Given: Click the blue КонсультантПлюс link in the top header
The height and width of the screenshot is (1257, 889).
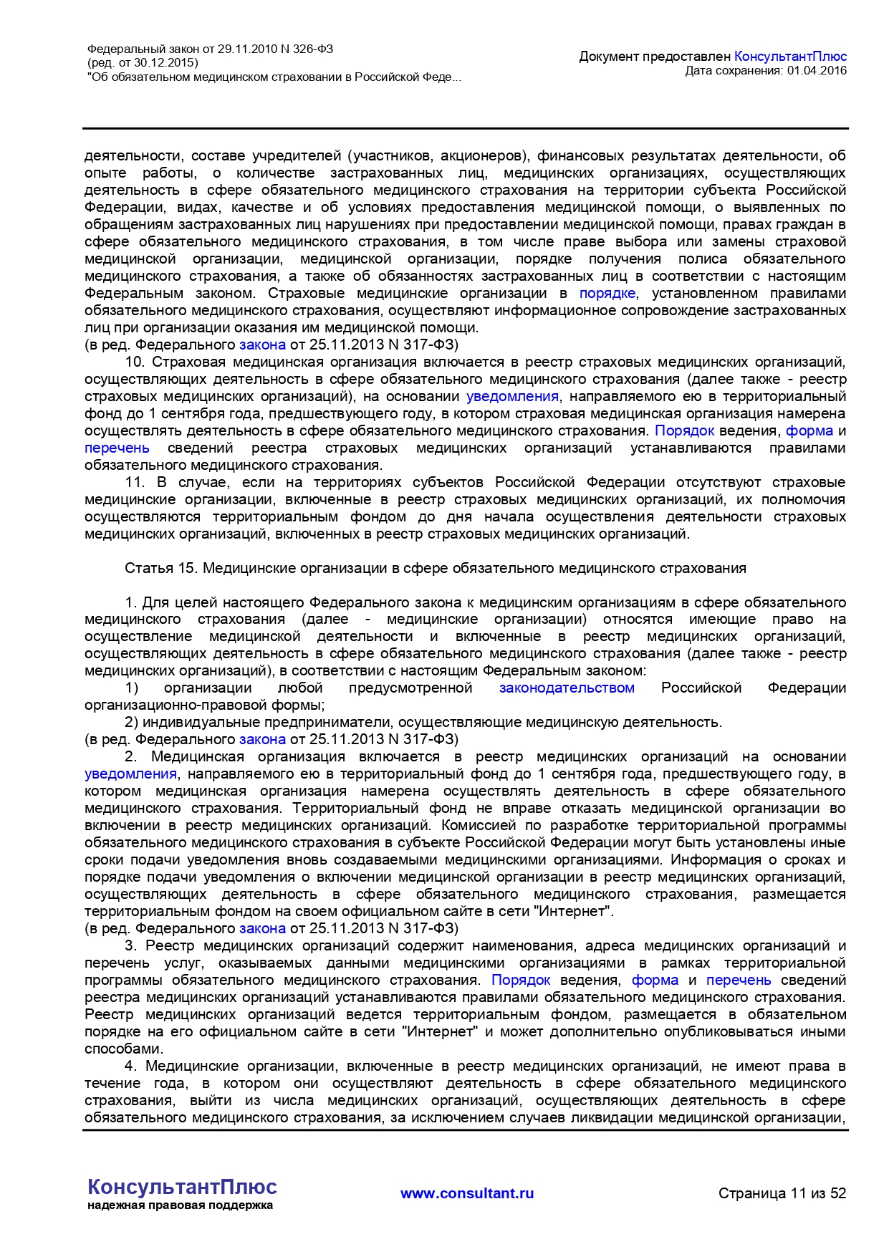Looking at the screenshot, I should tap(790, 56).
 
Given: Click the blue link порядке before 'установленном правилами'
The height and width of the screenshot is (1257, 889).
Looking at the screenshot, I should tap(607, 293).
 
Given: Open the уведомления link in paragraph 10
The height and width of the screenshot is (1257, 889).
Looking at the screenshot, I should tap(512, 396).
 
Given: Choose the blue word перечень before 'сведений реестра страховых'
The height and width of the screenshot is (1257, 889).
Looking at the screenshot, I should tap(117, 448).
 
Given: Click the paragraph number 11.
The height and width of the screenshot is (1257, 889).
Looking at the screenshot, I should tap(134, 482).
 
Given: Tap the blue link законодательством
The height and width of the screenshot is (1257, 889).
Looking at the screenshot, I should tap(567, 688).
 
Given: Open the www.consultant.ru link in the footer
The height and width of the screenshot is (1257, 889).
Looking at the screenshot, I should tap(467, 1193).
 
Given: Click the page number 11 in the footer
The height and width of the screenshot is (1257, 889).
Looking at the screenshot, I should tap(797, 1193).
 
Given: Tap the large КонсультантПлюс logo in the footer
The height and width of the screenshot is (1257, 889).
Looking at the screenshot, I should tap(182, 1187).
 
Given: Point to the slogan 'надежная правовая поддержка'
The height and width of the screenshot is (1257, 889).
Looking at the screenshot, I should tap(180, 1205).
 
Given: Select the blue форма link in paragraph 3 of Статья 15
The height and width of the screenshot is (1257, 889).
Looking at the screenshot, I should tap(655, 980).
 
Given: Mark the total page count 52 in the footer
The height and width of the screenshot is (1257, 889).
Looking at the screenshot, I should tap(838, 1193).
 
